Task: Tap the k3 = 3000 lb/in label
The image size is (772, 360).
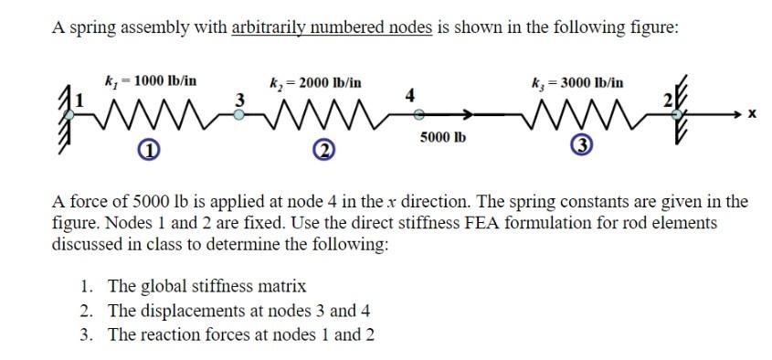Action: (578, 82)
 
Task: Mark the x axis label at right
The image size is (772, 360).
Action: (752, 118)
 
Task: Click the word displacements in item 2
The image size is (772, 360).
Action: (190, 310)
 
